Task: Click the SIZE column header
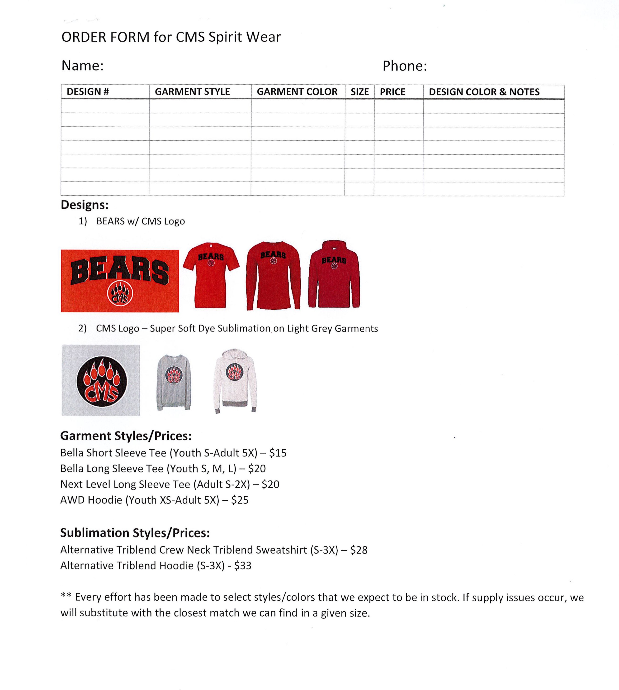pos(359,92)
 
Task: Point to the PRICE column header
pos(392,92)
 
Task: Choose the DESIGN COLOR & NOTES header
pos(484,92)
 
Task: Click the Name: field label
pos(82,66)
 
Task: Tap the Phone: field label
pos(404,66)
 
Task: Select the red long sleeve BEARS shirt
pos(273,275)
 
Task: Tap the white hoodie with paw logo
pos(235,381)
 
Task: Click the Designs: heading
pos(84,205)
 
